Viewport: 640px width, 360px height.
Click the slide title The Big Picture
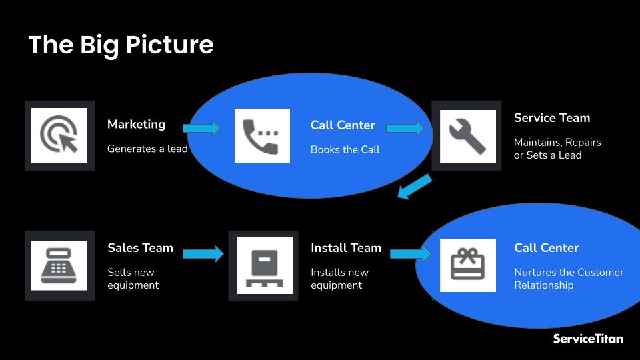click(x=121, y=45)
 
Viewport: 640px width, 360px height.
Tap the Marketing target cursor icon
click(x=59, y=135)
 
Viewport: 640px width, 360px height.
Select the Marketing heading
click(x=136, y=124)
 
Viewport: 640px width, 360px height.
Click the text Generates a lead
click(x=147, y=149)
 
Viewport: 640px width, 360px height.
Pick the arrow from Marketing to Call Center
click(x=201, y=128)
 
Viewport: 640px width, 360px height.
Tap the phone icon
click(x=262, y=135)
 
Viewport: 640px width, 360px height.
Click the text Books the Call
click(x=345, y=149)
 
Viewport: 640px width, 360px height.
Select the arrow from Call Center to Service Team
click(x=405, y=128)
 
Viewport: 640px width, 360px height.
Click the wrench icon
click(x=467, y=136)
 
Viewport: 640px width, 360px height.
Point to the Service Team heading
click(x=551, y=118)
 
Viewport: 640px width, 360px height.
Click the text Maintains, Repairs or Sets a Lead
click(x=557, y=149)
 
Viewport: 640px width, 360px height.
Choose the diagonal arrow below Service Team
click(x=414, y=187)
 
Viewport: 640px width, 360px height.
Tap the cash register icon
click(x=59, y=265)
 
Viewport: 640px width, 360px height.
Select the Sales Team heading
click(x=140, y=248)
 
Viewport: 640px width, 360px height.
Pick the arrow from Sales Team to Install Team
click(x=203, y=253)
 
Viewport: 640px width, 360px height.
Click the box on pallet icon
click(x=265, y=265)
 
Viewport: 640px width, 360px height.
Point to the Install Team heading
click(x=345, y=248)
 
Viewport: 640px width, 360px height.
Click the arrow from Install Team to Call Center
click(x=410, y=253)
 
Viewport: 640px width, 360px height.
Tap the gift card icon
click(x=467, y=265)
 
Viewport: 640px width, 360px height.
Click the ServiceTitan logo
click(x=587, y=339)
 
